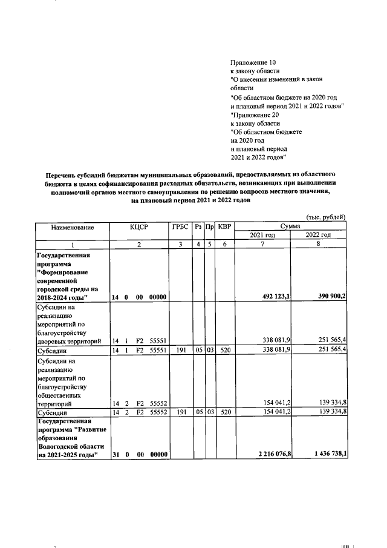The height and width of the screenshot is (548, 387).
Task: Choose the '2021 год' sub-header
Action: click(262, 235)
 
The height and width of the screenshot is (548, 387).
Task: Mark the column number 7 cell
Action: click(262, 244)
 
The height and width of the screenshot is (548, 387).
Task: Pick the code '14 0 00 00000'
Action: click(139, 297)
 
